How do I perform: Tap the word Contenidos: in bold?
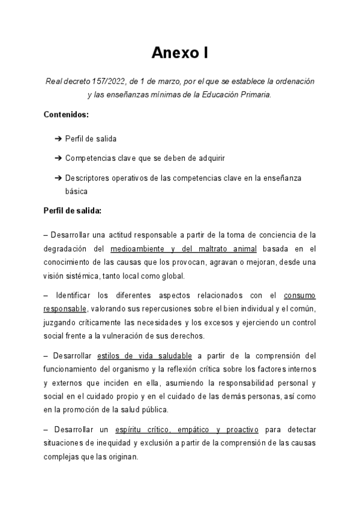point(66,114)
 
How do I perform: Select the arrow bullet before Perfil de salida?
point(58,139)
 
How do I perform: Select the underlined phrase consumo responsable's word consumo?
point(299,296)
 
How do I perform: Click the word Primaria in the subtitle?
point(254,95)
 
